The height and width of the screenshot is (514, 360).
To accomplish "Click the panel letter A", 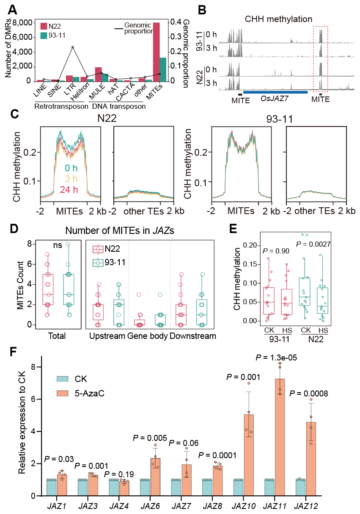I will [x=12, y=9].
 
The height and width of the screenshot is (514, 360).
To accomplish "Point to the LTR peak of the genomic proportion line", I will [x=73, y=47].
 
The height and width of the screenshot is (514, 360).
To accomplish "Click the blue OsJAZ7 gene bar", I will [x=275, y=92].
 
